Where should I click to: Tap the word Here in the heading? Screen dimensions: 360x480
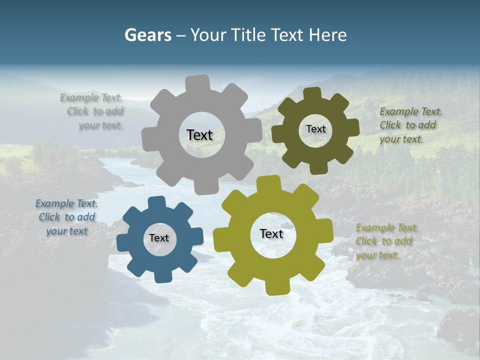tap(328, 35)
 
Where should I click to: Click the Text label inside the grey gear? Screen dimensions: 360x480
tap(199, 135)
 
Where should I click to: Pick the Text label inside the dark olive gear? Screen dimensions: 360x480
tap(315, 129)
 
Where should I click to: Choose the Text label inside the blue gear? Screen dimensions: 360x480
tap(159, 238)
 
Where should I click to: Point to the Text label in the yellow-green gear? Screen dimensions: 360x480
tap(271, 234)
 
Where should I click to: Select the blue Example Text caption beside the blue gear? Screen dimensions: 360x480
tap(66, 217)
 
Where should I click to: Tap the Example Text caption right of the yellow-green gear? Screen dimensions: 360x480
tap(386, 241)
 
